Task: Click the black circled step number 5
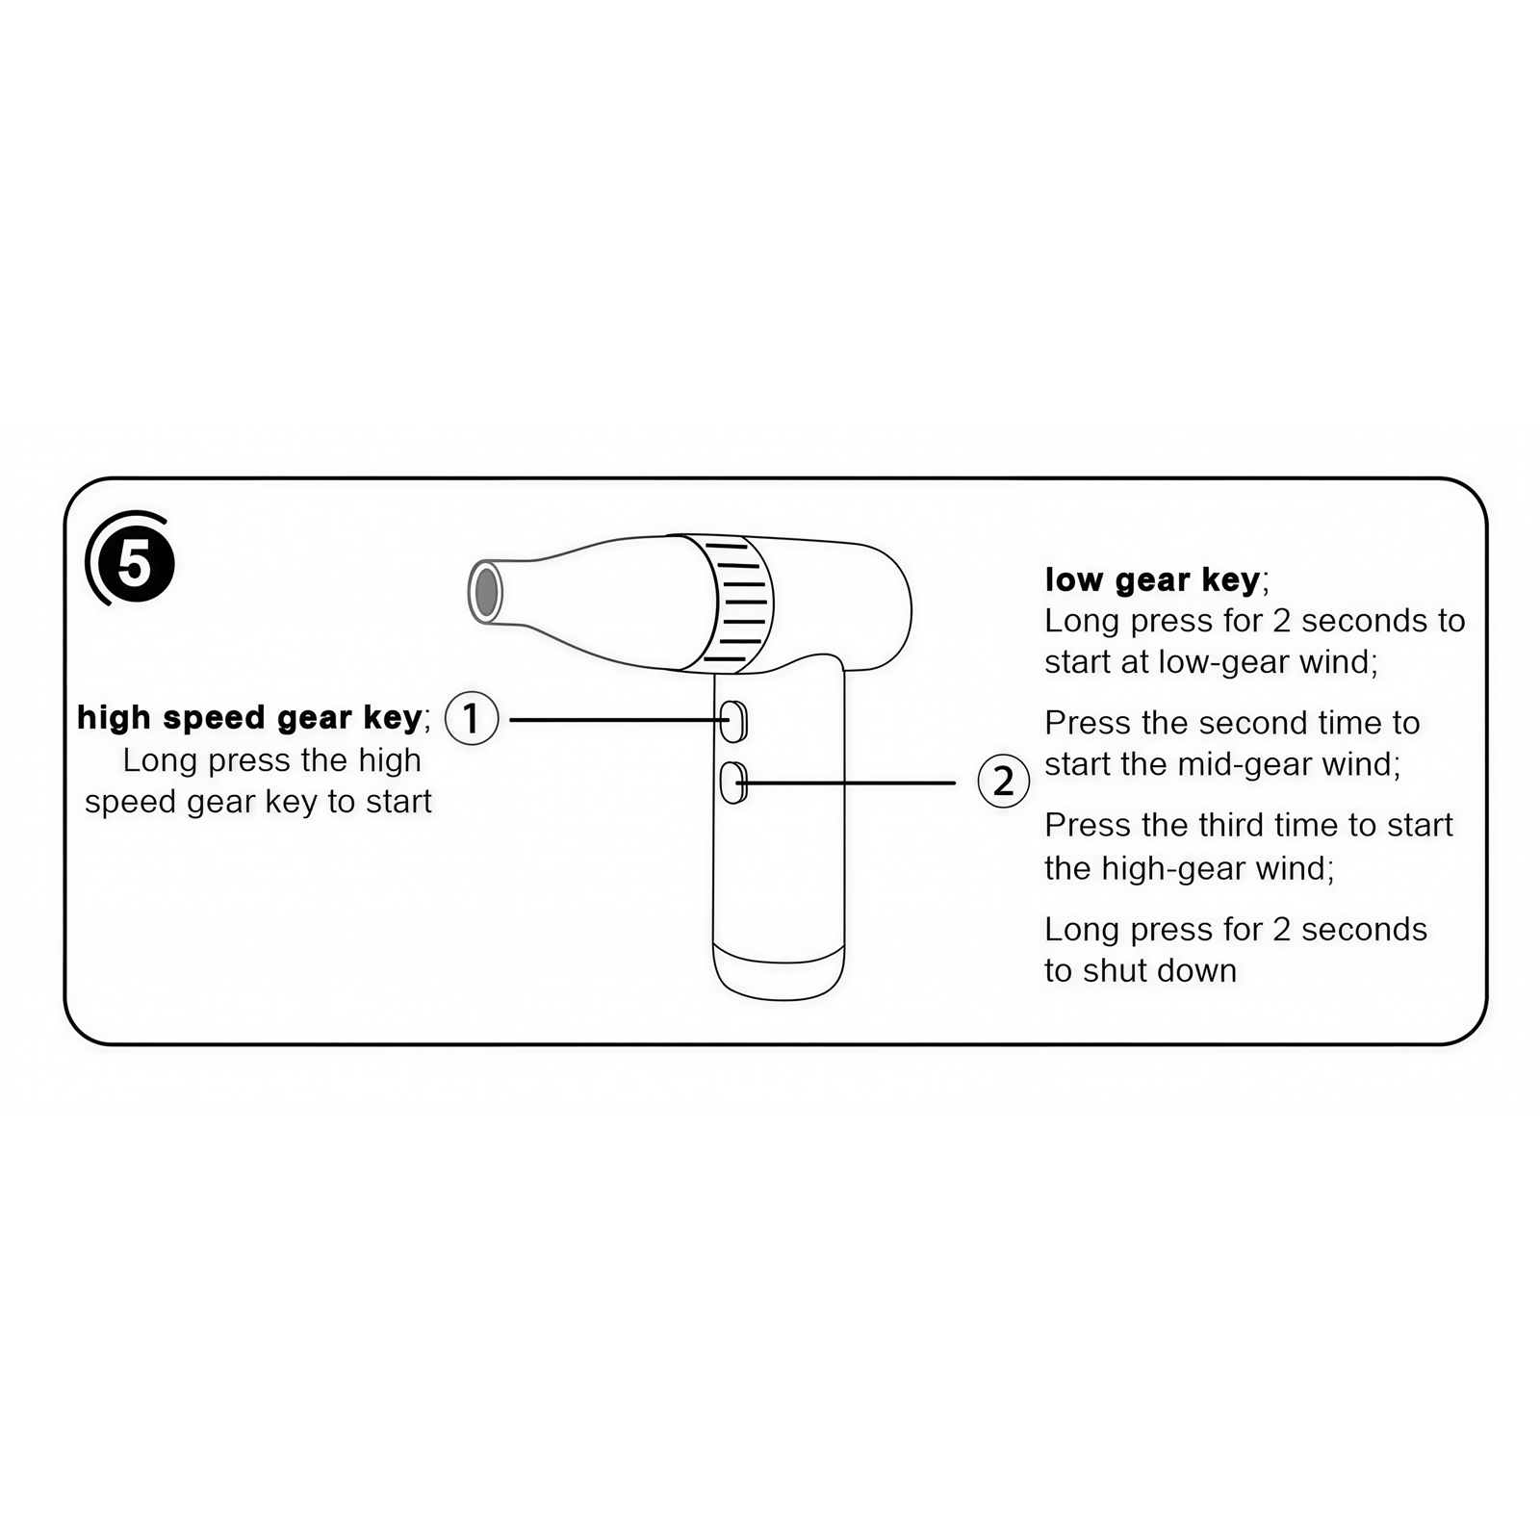pyautogui.click(x=135, y=563)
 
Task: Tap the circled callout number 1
pyautogui.click(x=472, y=718)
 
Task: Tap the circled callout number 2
pyautogui.click(x=1003, y=781)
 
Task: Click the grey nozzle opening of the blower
pyautogui.click(x=487, y=591)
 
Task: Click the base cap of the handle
pyautogui.click(x=779, y=974)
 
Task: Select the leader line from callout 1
pyautogui.click(x=616, y=719)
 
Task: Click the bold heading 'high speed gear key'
pyautogui.click(x=249, y=718)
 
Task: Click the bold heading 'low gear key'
pyautogui.click(x=1151, y=580)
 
